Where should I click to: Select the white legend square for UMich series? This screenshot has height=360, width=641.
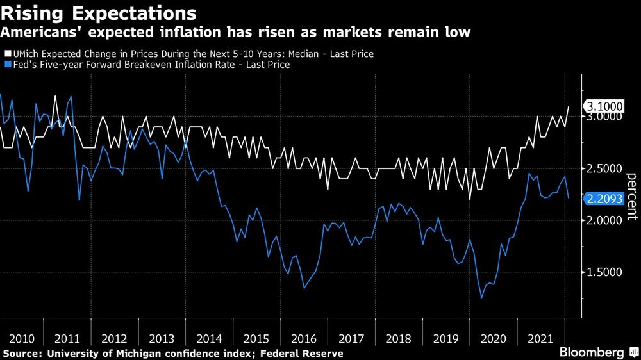click(8, 54)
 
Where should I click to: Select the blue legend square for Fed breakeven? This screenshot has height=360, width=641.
click(8, 65)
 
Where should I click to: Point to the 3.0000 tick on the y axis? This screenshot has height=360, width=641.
click(604, 117)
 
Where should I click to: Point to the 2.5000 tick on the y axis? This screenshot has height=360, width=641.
click(604, 168)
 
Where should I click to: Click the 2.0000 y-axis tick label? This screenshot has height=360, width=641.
click(604, 220)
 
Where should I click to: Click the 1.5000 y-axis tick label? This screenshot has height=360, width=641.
click(604, 272)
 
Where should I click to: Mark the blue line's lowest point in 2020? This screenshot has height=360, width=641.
click(481, 297)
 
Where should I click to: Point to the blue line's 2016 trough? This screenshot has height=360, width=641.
click(304, 288)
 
